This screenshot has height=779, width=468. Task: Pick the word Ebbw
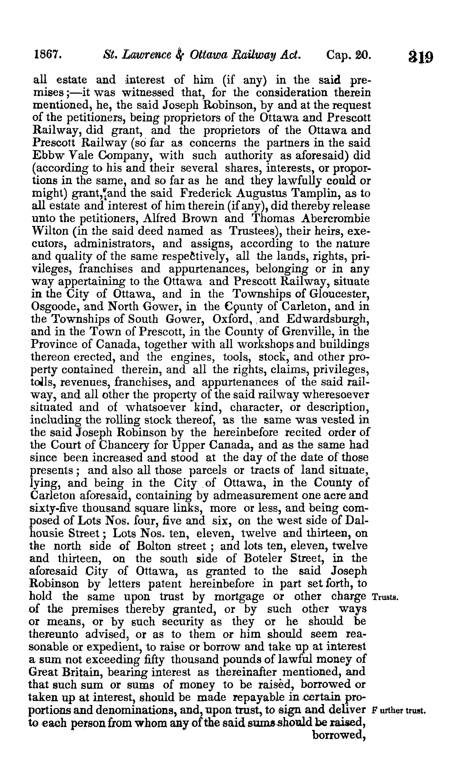pyautogui.click(x=47, y=155)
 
